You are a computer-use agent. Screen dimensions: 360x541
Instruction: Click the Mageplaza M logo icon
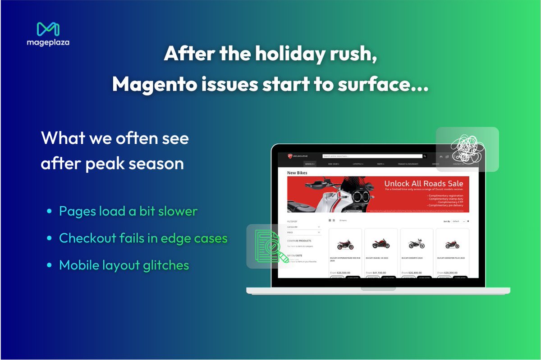click(48, 29)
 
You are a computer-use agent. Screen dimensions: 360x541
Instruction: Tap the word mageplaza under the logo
click(48, 43)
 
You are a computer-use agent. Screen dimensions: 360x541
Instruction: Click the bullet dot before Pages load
click(49, 211)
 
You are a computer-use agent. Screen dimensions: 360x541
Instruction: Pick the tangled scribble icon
click(468, 149)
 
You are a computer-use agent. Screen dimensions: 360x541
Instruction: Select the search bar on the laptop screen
click(372, 156)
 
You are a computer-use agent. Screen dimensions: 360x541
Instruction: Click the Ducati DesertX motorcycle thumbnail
click(416, 244)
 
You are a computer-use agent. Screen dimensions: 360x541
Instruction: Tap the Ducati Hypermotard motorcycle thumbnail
click(345, 245)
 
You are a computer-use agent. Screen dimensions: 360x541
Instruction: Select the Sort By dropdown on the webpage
click(458, 221)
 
